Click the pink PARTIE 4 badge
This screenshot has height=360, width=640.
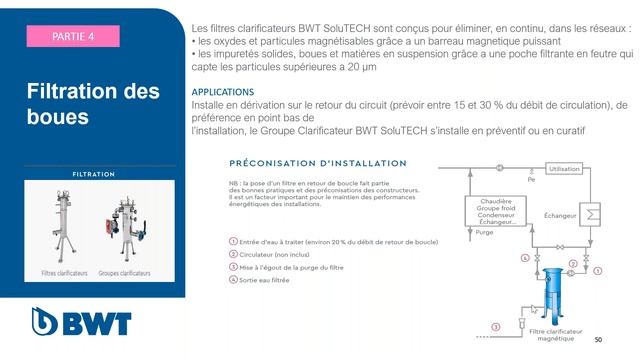tap(74, 36)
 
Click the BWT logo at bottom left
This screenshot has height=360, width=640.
tap(71, 323)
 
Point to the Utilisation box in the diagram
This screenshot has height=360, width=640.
tap(565, 169)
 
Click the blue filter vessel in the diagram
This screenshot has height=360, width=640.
tap(551, 287)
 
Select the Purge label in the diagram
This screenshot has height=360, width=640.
tap(485, 233)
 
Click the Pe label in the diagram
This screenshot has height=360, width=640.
tap(532, 179)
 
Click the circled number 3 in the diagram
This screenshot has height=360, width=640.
tap(497, 327)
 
